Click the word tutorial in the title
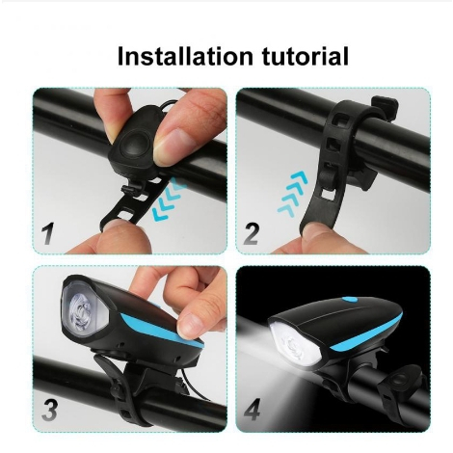tap(306, 56)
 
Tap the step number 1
tap(48, 233)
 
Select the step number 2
tap(251, 233)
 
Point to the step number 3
tap(50, 411)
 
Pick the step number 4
tap(252, 410)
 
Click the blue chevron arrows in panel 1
tap(170, 200)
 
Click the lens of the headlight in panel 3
tap(84, 311)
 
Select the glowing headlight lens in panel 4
tap(296, 344)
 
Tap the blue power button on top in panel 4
tap(349, 300)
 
